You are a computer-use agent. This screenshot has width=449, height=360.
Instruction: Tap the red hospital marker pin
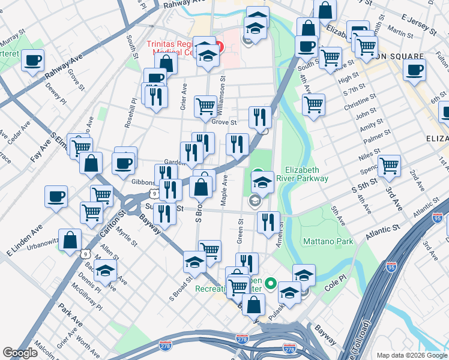[219, 47]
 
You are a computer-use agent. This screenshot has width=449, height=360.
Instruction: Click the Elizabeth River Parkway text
[307, 174]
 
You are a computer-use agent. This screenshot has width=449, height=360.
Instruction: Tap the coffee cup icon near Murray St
[32, 60]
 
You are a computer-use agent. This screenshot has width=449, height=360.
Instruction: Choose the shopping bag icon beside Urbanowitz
[70, 239]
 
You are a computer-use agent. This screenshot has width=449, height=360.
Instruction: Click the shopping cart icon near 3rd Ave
[389, 165]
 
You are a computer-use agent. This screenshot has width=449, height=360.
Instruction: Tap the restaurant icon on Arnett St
[268, 221]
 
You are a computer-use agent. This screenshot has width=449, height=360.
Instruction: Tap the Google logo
[20, 353]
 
